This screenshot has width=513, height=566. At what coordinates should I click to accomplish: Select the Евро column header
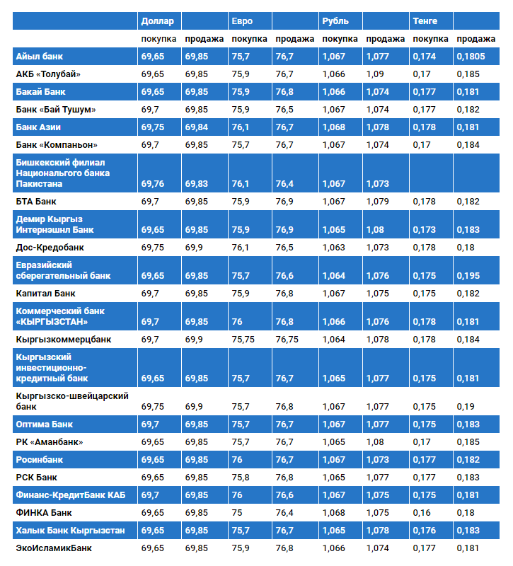point(241,21)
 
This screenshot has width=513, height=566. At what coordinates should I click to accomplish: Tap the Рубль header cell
point(334,21)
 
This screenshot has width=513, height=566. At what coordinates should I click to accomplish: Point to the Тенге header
point(425,21)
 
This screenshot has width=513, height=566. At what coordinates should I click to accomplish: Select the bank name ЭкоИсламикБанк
point(54,548)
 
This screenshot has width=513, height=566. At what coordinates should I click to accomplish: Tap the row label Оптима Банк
point(45,424)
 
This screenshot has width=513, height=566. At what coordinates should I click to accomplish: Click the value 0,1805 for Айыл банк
point(471,56)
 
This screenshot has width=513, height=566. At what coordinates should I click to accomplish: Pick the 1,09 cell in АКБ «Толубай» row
point(375,74)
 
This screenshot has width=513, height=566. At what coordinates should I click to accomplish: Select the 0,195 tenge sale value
point(468,276)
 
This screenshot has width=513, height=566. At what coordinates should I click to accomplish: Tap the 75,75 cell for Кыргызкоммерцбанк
point(243,340)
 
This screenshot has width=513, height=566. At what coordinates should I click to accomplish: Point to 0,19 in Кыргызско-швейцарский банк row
point(465,407)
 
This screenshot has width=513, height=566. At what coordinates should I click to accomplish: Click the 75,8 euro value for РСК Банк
point(241,478)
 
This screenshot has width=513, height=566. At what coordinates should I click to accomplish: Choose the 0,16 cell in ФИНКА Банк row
point(420,512)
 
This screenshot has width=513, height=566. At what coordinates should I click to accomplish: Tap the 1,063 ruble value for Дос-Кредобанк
point(333,248)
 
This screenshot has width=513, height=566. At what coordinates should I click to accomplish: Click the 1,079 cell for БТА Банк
point(378,202)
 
